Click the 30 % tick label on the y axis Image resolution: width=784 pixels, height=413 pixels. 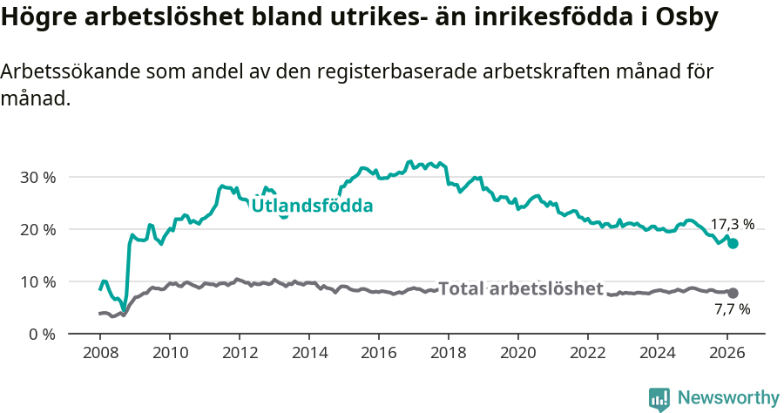pos(37,177)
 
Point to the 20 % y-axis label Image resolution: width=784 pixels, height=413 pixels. pos(37,229)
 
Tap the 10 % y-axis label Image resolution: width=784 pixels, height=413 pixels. pos(37,281)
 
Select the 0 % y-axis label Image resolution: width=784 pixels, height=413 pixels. pos(41,334)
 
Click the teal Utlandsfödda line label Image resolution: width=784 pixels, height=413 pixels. pos(312,206)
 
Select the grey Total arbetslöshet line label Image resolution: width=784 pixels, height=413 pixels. pos(520,288)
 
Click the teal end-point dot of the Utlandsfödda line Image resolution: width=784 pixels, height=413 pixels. pos(733,243)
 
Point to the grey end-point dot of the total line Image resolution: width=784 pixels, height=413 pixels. pos(733,294)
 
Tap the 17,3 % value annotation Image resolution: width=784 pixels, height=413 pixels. pos(732,225)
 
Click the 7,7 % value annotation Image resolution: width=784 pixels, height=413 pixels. pos(732,309)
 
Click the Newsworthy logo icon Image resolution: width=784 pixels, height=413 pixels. pos(659,398)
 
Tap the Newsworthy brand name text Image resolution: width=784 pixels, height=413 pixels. pos(727,398)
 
